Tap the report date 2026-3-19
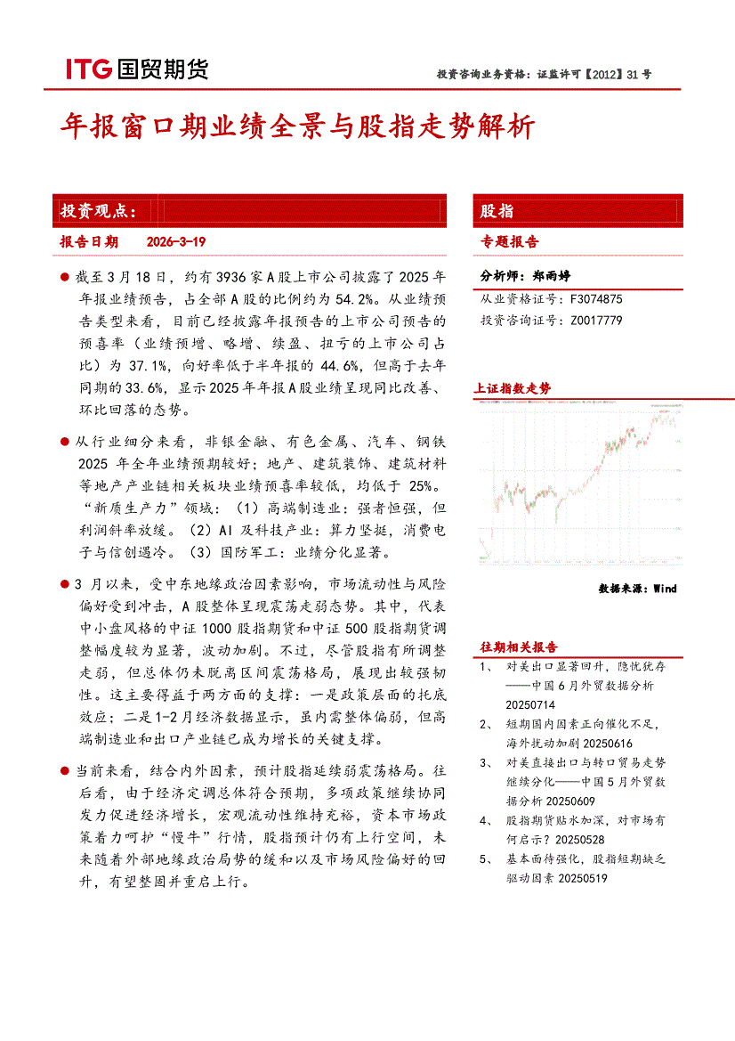click(175, 242)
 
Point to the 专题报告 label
click(510, 241)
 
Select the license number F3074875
click(596, 300)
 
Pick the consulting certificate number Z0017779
click(596, 320)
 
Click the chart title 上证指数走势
click(513, 389)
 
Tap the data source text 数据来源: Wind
click(638, 589)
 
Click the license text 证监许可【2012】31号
click(594, 75)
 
